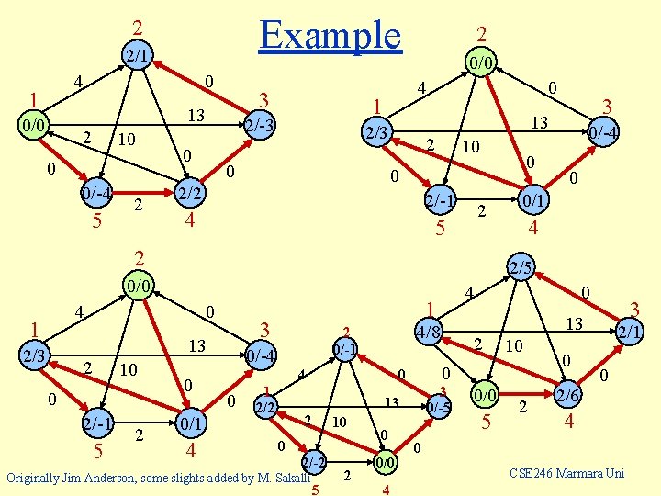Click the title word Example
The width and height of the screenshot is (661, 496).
pos(330,34)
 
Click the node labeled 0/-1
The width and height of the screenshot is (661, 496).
pos(345,349)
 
